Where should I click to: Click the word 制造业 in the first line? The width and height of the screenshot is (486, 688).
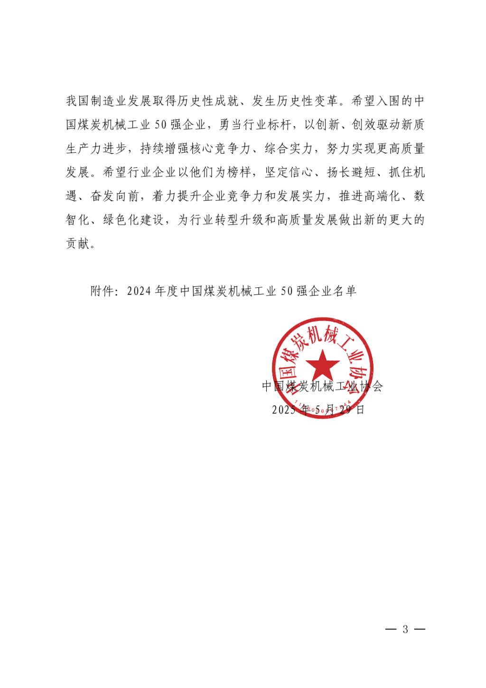(x=108, y=101)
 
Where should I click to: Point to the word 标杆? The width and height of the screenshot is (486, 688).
(x=280, y=125)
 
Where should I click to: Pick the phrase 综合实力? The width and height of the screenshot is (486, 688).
(x=289, y=149)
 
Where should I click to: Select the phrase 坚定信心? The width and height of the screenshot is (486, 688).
(x=289, y=173)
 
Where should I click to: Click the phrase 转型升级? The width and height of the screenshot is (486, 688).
(x=233, y=220)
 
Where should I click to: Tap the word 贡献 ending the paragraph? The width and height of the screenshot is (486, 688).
(x=78, y=244)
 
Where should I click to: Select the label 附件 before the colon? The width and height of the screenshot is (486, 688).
(x=103, y=291)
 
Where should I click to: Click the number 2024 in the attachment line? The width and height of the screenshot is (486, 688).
(x=139, y=291)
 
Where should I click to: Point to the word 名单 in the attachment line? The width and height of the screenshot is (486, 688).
(x=345, y=291)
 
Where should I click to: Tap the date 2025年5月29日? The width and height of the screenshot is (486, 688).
(x=318, y=410)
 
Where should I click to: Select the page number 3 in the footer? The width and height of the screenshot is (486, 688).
(x=405, y=629)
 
